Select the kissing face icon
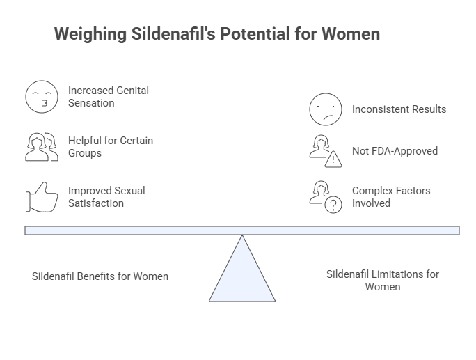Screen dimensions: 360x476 click(42, 97)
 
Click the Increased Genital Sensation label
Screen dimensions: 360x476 click(109, 97)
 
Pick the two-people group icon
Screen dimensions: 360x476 click(42, 147)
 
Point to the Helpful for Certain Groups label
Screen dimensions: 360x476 click(111, 147)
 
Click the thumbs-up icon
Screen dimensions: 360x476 click(42, 197)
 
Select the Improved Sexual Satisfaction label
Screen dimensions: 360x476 click(106, 197)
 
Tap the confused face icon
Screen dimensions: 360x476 click(326, 109)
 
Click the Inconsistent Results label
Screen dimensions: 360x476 click(399, 109)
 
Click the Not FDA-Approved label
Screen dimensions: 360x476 click(395, 151)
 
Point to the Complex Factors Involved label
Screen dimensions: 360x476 click(391, 197)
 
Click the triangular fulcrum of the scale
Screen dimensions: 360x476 click(242, 275)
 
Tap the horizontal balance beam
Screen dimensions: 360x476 click(242, 230)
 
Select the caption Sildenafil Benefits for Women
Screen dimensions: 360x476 click(100, 276)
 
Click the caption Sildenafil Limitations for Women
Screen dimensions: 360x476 click(382, 280)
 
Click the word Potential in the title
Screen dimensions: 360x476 click(252, 34)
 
